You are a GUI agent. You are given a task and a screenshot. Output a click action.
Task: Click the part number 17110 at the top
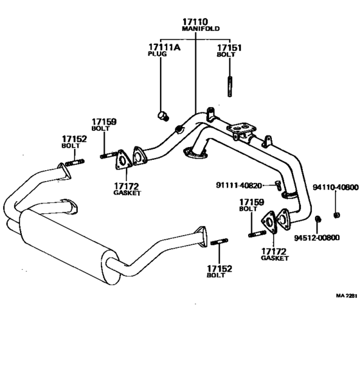[195, 22]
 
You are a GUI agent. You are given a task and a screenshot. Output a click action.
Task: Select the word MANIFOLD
[195, 30]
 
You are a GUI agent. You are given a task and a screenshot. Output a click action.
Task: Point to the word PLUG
[157, 55]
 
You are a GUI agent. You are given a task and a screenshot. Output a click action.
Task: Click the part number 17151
[229, 48]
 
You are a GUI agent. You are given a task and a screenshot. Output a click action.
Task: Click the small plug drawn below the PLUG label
[163, 116]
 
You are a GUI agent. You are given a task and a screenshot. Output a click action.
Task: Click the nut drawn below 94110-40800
[336, 213]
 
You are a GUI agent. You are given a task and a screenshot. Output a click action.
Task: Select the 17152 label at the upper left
[74, 139]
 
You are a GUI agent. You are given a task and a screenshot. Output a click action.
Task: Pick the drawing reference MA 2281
[346, 296]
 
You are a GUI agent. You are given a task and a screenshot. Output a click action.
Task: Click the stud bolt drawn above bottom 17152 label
[219, 243]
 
